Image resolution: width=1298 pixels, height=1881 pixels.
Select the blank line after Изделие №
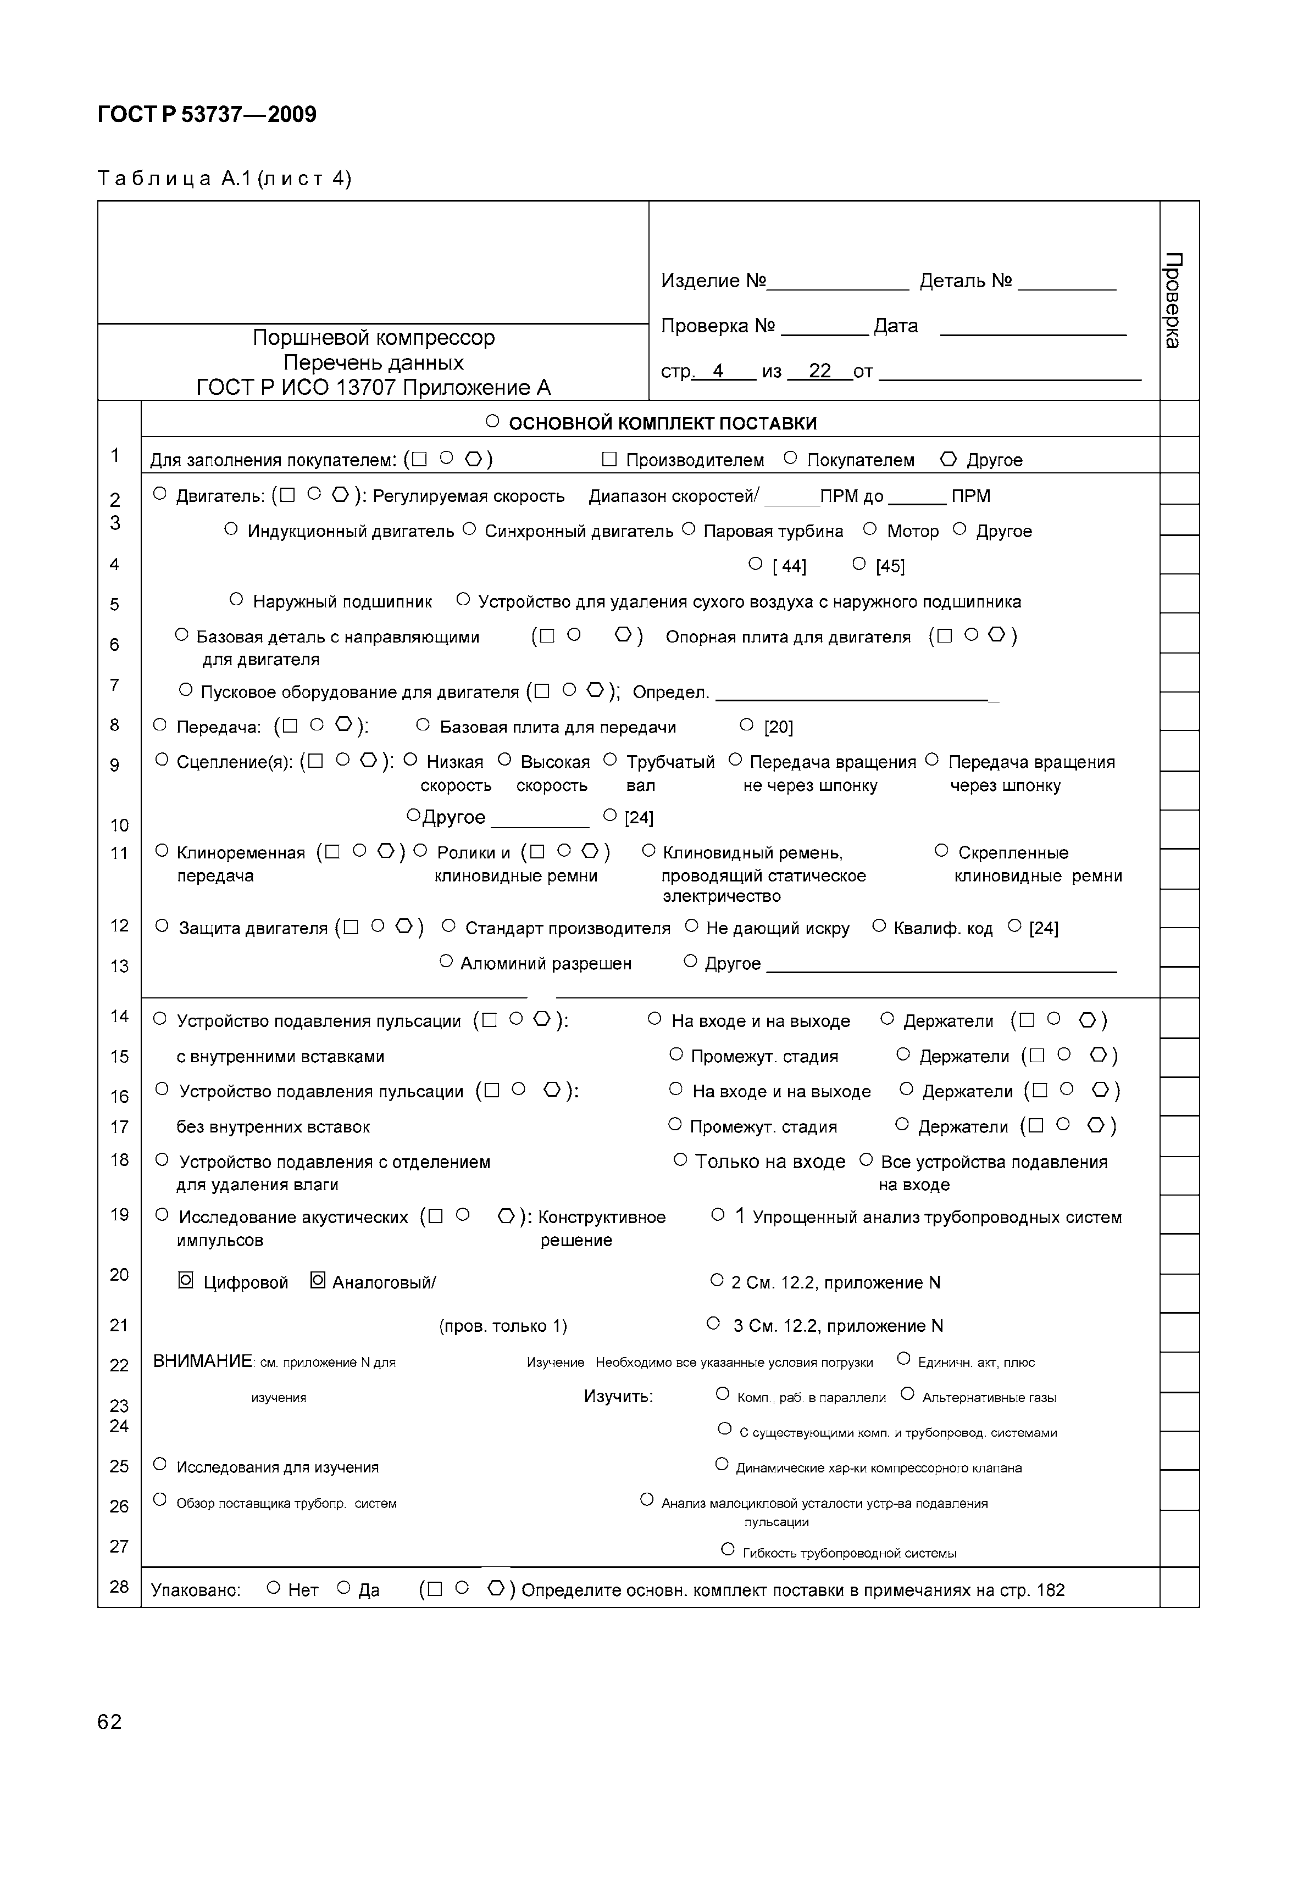coord(837,282)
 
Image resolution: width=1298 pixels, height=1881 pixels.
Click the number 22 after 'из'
coord(820,371)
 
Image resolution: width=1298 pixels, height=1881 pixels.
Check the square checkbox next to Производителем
coord(609,459)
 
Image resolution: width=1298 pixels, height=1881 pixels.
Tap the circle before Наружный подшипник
coord(237,600)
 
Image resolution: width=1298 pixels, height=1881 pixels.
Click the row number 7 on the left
coord(115,684)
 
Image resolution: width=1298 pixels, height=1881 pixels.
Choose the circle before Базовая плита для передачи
coord(423,725)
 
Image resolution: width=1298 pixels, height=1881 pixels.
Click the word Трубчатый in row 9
coord(670,762)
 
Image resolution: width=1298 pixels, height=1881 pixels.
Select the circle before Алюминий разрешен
coord(446,962)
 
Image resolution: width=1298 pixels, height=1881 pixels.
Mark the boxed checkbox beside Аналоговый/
coord(318,1281)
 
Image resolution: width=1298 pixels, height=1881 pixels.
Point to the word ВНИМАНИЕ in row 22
coord(203,1361)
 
